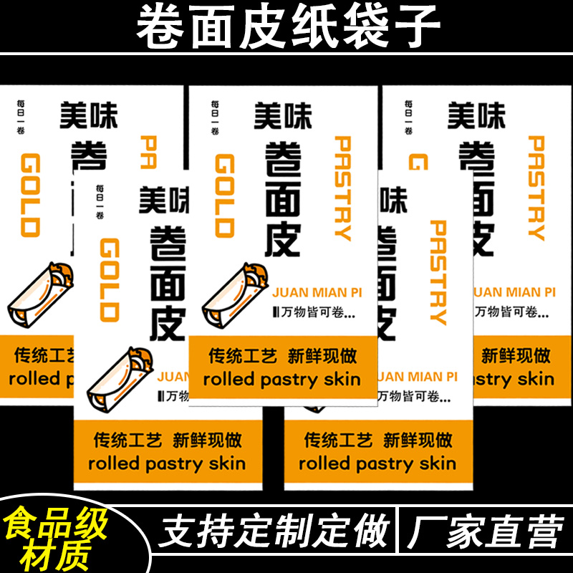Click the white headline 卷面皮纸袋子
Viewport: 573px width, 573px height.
(x=286, y=27)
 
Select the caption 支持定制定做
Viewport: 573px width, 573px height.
(x=274, y=532)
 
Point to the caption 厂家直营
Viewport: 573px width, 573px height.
(x=486, y=532)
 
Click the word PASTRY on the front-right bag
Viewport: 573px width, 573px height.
(x=438, y=272)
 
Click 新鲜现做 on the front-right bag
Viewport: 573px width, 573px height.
(x=418, y=439)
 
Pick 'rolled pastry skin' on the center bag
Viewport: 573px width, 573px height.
(x=281, y=380)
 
